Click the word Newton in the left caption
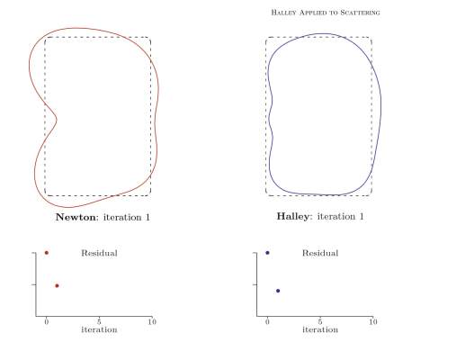(76, 217)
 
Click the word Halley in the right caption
(292, 216)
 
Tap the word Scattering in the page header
(360, 13)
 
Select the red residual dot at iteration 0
(47, 253)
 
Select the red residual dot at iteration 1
(57, 285)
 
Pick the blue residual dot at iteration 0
(267, 253)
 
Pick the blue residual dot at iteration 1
(278, 291)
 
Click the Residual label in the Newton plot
(99, 253)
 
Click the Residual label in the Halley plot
(320, 253)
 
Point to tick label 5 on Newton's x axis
(99, 322)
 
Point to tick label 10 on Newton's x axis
(152, 322)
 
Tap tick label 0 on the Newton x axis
(47, 322)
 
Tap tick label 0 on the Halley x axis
(267, 322)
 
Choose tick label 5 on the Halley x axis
(320, 322)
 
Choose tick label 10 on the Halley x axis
(373, 322)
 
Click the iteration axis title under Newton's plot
(99, 329)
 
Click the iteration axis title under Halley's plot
(320, 329)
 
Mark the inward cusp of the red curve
(57, 120)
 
